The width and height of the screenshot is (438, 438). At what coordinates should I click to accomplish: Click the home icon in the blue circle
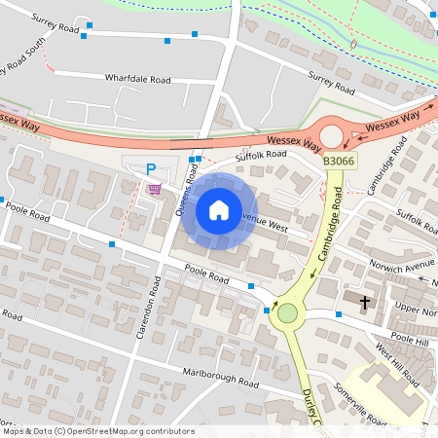(x=218, y=209)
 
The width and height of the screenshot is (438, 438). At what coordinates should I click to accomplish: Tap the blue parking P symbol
(x=151, y=169)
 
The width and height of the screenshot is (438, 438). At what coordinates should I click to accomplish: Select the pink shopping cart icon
(x=154, y=188)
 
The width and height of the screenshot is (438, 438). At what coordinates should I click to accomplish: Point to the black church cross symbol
(x=366, y=303)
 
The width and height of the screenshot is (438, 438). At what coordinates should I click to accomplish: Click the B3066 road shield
(x=338, y=161)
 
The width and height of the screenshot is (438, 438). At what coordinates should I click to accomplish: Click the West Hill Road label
(x=396, y=362)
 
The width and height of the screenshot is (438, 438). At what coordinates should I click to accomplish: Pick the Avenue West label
(x=265, y=223)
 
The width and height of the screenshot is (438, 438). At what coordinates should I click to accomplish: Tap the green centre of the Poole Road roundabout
(x=287, y=313)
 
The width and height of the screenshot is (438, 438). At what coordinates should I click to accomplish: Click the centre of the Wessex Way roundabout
(x=333, y=135)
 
